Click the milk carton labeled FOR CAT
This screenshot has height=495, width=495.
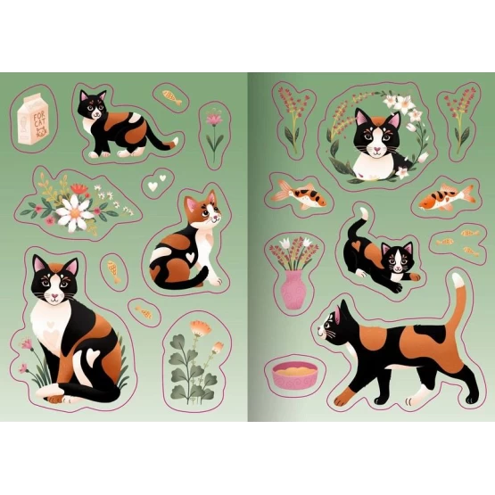[32, 120]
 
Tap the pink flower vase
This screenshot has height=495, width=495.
[293, 290]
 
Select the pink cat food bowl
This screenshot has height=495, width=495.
[295, 375]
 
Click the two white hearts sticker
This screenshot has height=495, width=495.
[157, 183]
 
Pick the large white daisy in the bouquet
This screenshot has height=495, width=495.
[75, 212]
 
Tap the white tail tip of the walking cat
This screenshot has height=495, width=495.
[458, 280]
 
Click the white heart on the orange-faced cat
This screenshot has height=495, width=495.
[190, 256]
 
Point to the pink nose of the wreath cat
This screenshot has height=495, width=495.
[376, 148]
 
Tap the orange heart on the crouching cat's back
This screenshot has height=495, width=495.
[357, 244]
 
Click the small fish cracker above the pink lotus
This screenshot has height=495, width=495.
[172, 96]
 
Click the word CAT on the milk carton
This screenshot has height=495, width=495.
[39, 121]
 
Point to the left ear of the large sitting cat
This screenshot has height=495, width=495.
[39, 263]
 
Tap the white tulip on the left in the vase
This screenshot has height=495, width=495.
[285, 243]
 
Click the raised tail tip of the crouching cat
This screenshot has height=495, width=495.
[364, 213]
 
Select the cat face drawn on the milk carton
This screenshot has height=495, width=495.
[41, 132]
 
